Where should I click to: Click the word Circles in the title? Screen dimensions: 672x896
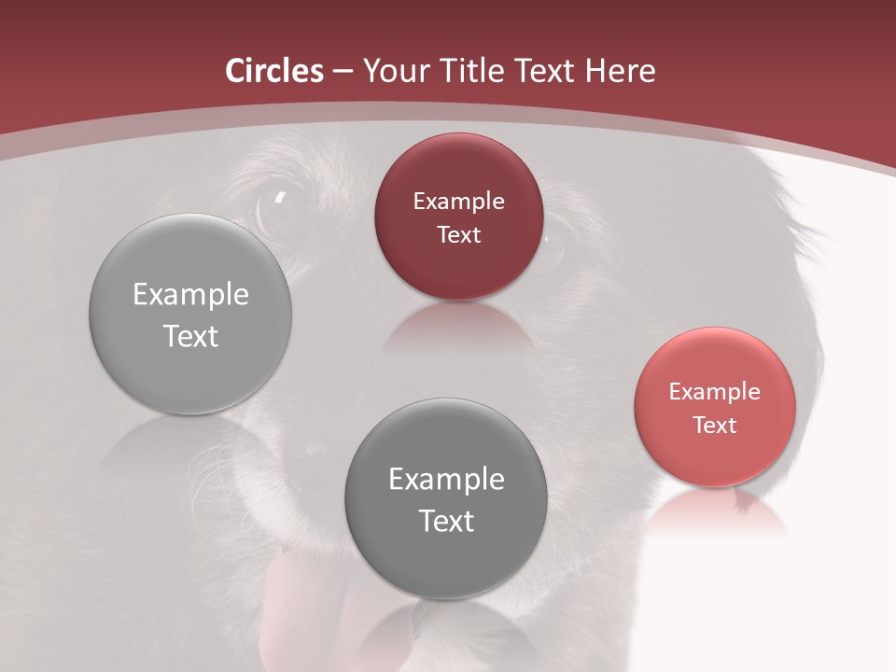(x=273, y=71)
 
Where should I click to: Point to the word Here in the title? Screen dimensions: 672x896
(x=620, y=71)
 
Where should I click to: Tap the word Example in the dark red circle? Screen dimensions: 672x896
(x=458, y=202)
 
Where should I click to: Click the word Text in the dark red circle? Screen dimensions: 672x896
(x=458, y=235)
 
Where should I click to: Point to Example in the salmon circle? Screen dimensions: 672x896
(x=715, y=392)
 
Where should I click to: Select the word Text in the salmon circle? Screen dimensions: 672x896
(x=715, y=426)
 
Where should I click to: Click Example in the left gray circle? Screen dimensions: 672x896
(x=190, y=295)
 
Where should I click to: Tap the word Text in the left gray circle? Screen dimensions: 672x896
(x=190, y=337)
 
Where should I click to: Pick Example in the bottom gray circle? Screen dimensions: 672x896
(x=446, y=480)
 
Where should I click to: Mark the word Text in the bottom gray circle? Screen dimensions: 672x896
(x=446, y=522)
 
